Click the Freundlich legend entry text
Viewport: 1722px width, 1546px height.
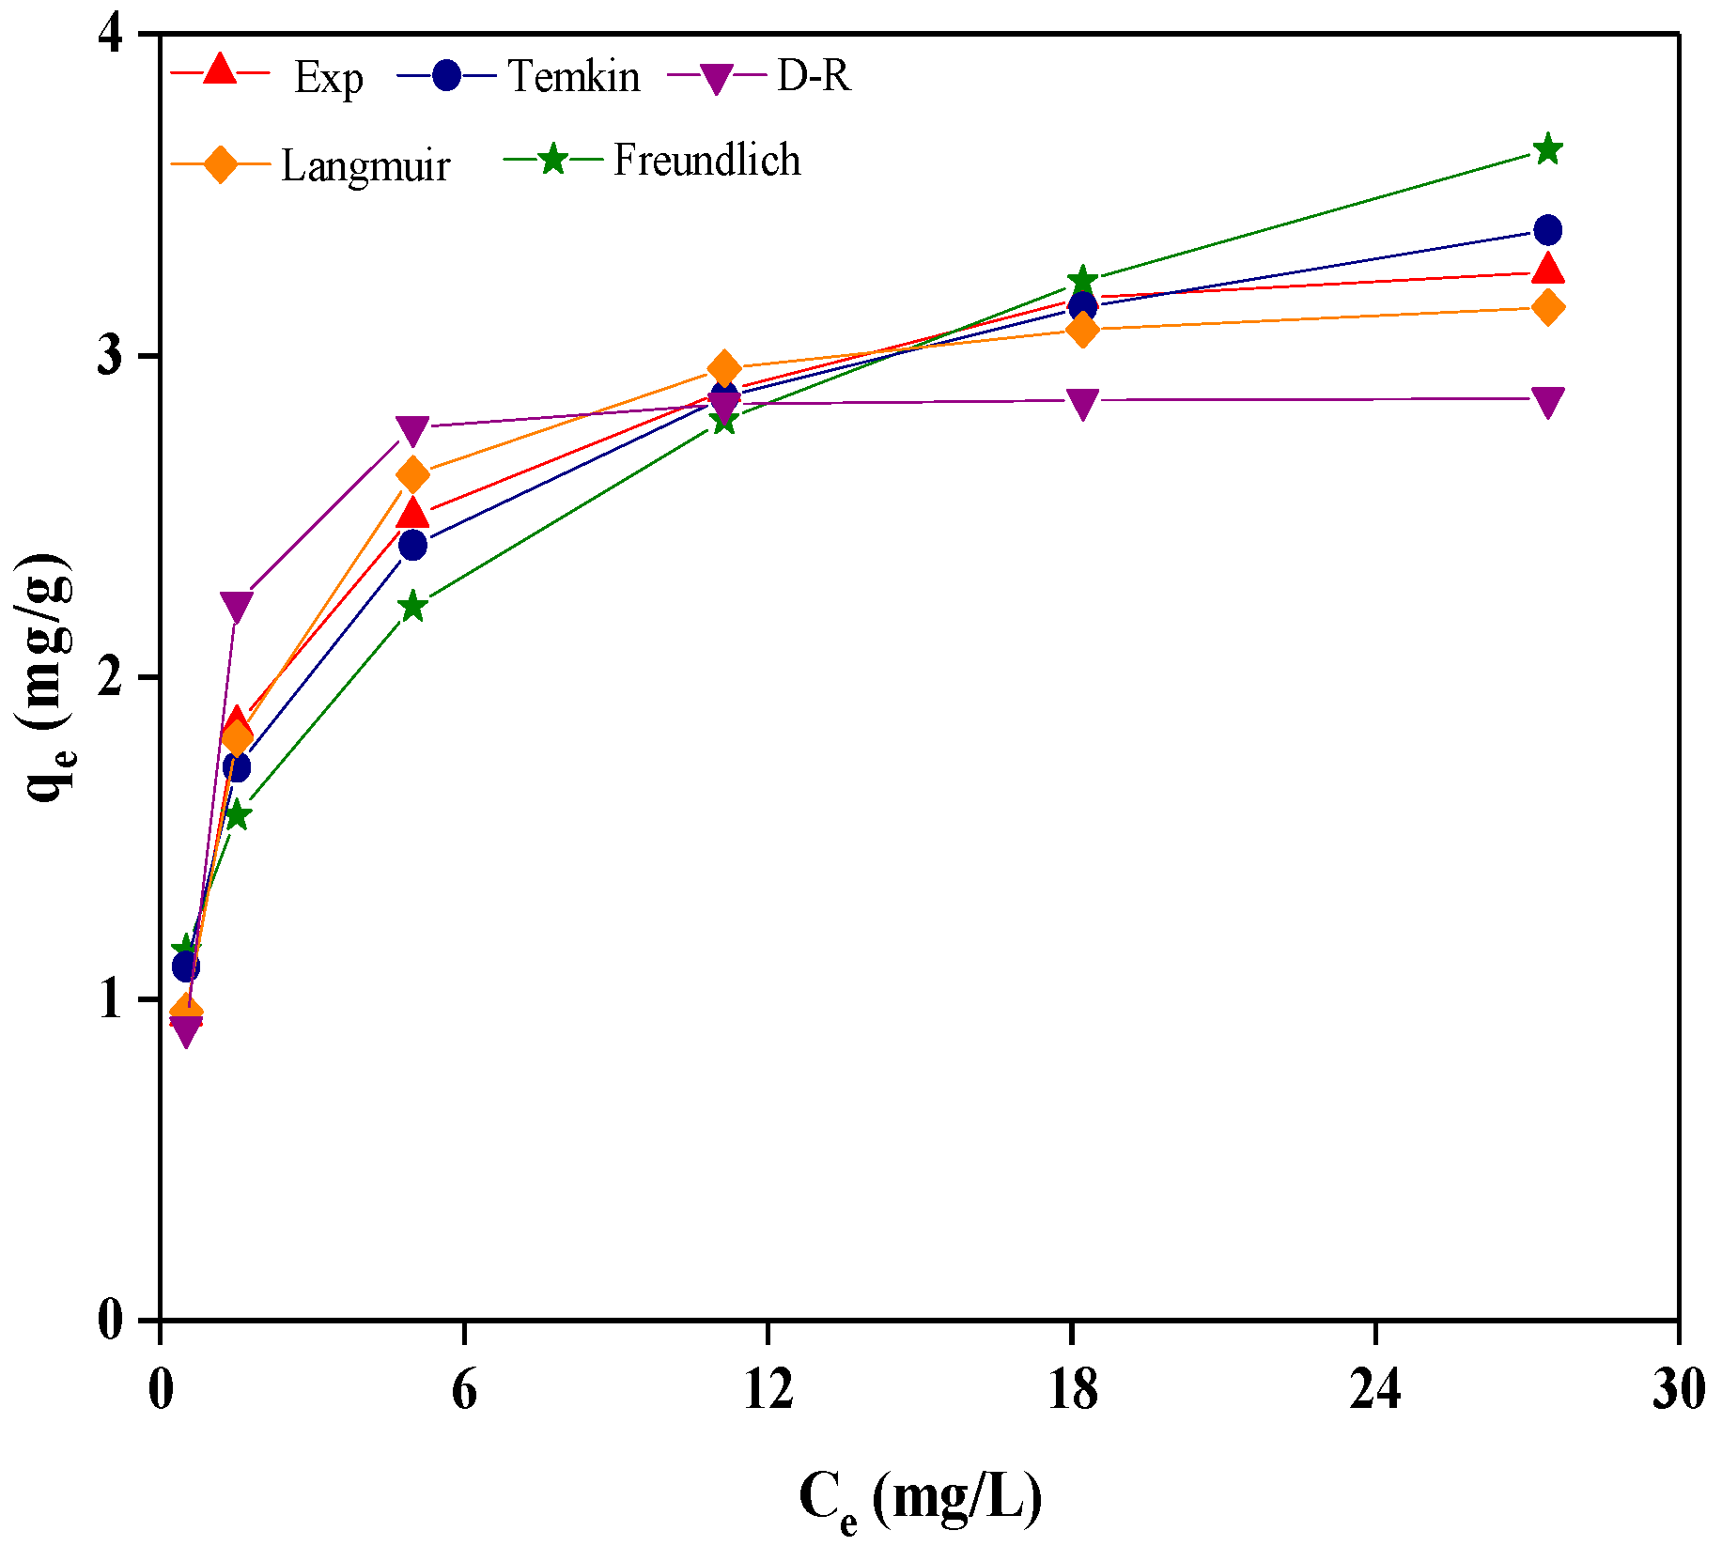click(706, 160)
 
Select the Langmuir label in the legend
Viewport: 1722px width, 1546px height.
click(365, 165)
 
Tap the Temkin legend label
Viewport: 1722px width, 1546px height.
click(573, 75)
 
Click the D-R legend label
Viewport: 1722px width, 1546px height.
click(814, 75)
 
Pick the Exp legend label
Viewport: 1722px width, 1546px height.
click(328, 77)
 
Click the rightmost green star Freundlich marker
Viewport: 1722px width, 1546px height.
click(1547, 149)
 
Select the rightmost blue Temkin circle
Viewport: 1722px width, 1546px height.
click(1547, 230)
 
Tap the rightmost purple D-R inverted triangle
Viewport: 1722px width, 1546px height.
click(1547, 401)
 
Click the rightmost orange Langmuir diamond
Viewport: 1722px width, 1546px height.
click(1547, 307)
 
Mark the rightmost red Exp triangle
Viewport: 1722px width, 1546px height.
click(1547, 271)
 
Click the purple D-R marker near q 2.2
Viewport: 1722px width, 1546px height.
click(236, 607)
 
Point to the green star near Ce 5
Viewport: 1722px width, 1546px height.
click(411, 606)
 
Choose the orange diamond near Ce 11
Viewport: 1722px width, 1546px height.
click(723, 367)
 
